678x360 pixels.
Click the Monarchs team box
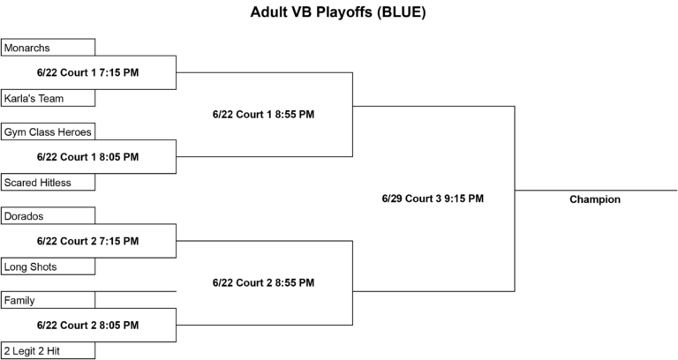[48, 47]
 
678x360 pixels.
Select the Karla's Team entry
[48, 98]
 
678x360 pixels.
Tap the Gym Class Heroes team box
[48, 131]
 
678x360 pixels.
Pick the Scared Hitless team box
[48, 182]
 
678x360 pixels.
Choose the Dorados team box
[48, 215]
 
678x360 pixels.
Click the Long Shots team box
[48, 266]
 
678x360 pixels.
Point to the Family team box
[48, 300]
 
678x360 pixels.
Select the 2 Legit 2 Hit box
[48, 350]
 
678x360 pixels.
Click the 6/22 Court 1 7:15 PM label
[87, 72]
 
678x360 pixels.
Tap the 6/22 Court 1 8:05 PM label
[87, 157]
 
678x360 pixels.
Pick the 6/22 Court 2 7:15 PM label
[87, 241]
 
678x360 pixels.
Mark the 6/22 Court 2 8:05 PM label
[87, 325]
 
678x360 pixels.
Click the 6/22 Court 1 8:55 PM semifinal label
[263, 115]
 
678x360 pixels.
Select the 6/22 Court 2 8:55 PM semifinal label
[263, 282]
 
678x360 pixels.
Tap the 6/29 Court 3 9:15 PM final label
[433, 199]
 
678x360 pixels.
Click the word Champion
[595, 199]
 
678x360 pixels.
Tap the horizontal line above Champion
[596, 191]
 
